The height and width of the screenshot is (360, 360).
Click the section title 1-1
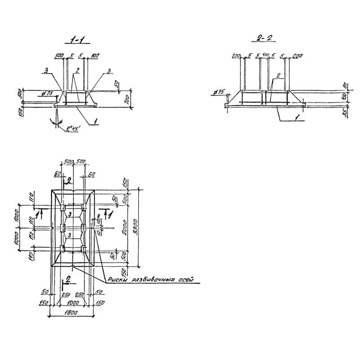pyautogui.click(x=76, y=41)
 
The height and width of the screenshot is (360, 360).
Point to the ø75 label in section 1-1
pyautogui.click(x=46, y=93)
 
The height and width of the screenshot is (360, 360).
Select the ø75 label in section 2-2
pyautogui.click(x=220, y=92)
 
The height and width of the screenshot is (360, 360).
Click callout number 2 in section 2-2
pyautogui.click(x=279, y=76)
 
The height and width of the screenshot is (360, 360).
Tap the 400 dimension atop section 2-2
pyautogui.click(x=265, y=55)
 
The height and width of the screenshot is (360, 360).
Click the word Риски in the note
pyautogui.click(x=118, y=281)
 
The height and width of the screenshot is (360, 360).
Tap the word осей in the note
pyautogui.click(x=184, y=280)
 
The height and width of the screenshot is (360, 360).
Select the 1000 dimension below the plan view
pyautogui.click(x=72, y=303)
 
